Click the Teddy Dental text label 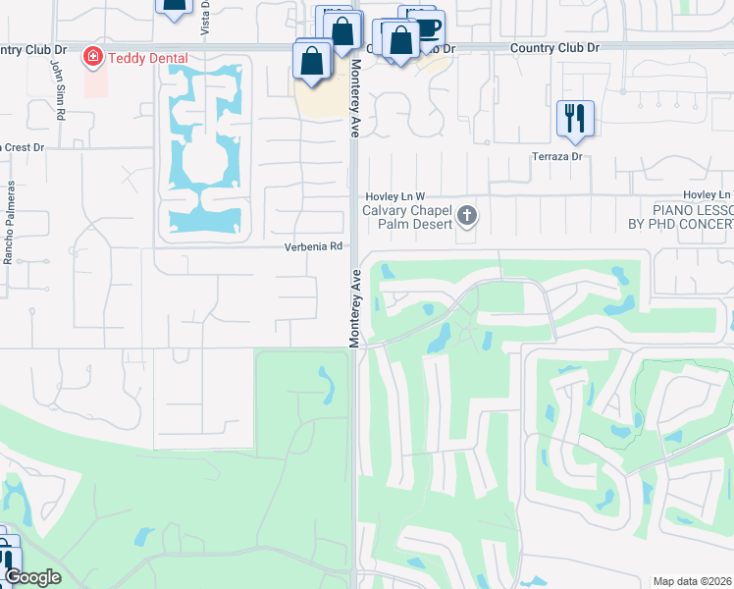tap(147, 58)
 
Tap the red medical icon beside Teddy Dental tap(93, 58)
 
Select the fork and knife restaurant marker tap(575, 118)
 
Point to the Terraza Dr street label tap(557, 156)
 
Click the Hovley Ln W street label tap(396, 196)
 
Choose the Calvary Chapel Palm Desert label tap(407, 217)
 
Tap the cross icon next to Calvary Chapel tap(467, 216)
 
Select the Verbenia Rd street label tap(314, 246)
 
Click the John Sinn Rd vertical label tap(60, 88)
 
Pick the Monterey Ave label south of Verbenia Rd tap(354, 306)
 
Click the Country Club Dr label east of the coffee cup tap(553, 47)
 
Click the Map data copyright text tap(693, 581)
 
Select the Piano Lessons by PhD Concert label tap(679, 217)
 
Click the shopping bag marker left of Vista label tap(174, 5)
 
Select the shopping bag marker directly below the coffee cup tap(401, 41)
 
